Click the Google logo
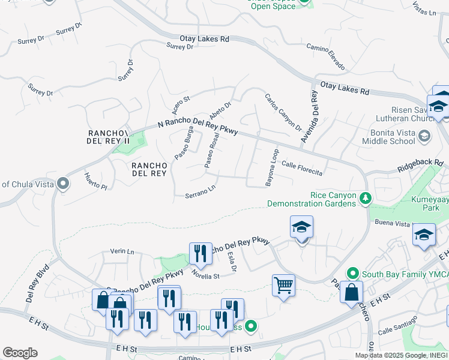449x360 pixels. coord(20,353)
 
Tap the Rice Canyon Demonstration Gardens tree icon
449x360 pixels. coord(364,197)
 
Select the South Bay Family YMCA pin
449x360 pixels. coord(354,273)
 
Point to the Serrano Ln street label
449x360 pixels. coord(200,193)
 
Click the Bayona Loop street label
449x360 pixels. coord(272,166)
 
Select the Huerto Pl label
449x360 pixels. coord(95,181)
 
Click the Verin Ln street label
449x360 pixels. coord(122,252)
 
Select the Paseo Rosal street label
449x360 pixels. coord(212,150)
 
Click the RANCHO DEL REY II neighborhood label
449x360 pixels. coord(109,137)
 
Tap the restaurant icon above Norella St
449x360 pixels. coord(200,253)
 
